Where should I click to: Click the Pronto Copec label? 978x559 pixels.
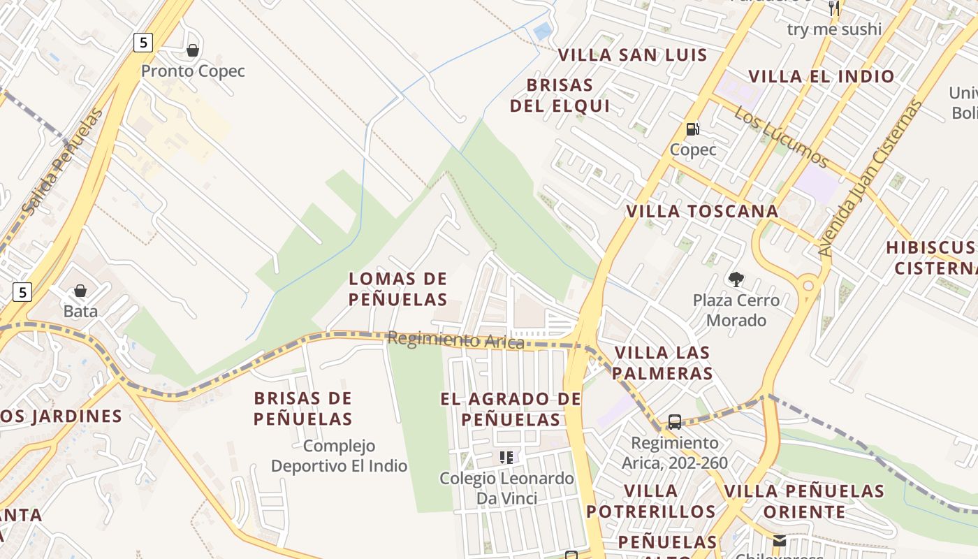193,71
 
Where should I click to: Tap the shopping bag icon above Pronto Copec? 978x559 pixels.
193,50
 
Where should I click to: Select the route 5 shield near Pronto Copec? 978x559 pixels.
143,43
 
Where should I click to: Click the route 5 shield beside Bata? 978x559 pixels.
22,292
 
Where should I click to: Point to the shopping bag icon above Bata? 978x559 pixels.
80,291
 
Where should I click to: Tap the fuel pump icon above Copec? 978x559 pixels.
693,129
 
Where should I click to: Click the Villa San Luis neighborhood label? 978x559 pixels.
633,55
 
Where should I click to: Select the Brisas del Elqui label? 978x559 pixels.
560,96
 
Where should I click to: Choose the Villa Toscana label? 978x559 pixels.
702,211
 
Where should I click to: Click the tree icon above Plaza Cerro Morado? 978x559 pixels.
736,279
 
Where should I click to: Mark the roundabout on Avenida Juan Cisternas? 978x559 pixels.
809,285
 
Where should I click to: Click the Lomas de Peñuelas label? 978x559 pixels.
398,289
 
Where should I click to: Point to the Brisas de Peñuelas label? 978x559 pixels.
303,409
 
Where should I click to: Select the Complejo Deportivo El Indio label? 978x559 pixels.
340,456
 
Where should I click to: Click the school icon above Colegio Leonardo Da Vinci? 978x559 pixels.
506,458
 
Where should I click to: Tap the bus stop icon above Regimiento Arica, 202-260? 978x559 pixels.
675,422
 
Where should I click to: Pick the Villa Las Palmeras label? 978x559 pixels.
662,363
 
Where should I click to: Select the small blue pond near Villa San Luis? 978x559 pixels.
542,31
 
